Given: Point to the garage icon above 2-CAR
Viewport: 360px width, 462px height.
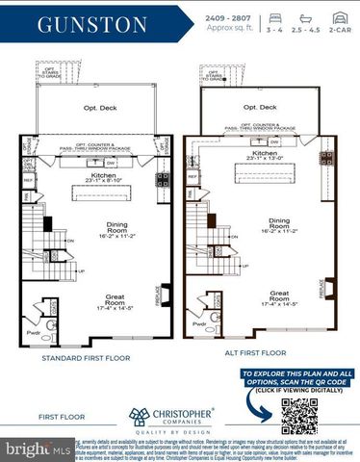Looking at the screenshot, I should tap(340, 17).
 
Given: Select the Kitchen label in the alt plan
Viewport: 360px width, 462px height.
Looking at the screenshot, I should tap(265, 153).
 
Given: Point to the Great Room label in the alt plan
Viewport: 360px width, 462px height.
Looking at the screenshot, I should tap(279, 295).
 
